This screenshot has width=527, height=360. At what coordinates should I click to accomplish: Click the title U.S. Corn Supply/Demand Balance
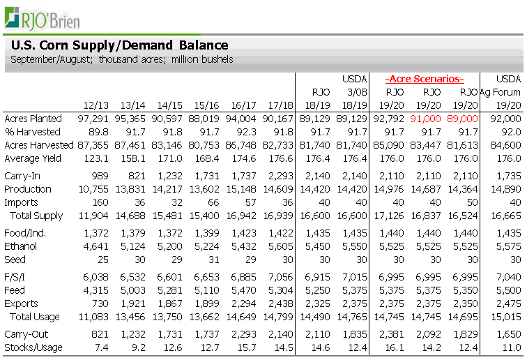(119, 45)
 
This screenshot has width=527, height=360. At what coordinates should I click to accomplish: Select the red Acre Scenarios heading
(425, 78)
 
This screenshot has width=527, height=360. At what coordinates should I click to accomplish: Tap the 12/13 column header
(96, 105)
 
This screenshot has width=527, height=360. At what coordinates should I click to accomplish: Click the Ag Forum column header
(501, 91)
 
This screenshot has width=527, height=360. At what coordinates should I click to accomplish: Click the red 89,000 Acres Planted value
(463, 119)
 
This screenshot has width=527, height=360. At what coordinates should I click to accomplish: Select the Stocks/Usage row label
(33, 347)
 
